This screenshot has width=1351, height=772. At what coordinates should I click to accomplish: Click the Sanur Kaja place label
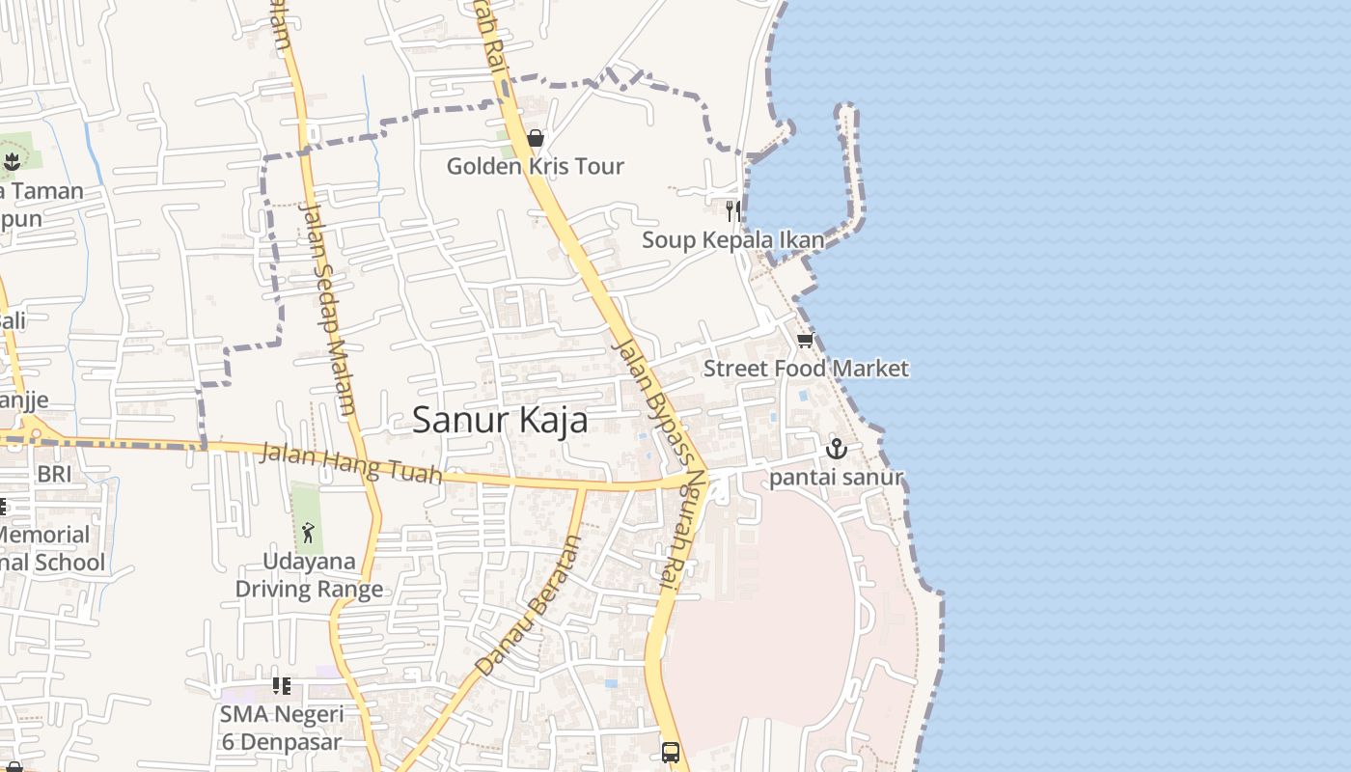[500, 420]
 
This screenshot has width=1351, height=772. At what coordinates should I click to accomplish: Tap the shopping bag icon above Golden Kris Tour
[536, 138]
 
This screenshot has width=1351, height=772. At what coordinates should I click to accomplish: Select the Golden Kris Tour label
[535, 166]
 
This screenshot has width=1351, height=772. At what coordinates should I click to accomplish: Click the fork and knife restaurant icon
[733, 210]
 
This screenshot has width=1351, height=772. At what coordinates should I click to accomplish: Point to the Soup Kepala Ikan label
[733, 239]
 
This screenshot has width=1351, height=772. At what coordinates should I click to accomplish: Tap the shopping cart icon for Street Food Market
[805, 341]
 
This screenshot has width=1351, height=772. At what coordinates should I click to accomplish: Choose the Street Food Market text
[806, 368]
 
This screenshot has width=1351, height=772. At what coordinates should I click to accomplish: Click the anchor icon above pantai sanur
[836, 449]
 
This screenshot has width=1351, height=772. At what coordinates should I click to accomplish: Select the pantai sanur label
[836, 477]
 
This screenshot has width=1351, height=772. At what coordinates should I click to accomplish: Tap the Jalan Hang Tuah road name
[351, 463]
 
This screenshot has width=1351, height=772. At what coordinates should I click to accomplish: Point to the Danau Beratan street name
[530, 605]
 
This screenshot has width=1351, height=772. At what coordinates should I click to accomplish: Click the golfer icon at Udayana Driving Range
[308, 532]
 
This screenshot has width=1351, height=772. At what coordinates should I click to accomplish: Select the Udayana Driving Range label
[309, 574]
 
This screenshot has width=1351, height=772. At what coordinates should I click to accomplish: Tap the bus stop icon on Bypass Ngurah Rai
[670, 752]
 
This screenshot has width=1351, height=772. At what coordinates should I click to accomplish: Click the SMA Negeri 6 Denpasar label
[281, 728]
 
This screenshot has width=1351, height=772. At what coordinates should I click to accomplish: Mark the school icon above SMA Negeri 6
[281, 686]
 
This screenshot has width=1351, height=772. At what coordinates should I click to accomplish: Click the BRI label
[54, 474]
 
